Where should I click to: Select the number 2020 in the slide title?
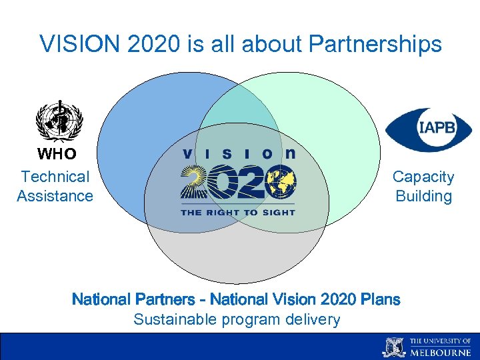[142, 44]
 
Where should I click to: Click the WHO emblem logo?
[59, 121]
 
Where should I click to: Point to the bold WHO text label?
[57, 154]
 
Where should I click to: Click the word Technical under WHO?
[55, 177]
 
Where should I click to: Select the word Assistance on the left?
[55, 196]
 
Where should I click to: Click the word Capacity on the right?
[423, 177]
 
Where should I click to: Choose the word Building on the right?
[423, 196]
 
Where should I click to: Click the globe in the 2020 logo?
[281, 182]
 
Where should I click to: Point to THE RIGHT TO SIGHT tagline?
[237, 211]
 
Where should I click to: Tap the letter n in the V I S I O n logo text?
[290, 153]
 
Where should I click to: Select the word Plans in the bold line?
[381, 299]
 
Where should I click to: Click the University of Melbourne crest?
[393, 347]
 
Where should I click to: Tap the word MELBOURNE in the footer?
[441, 351]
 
